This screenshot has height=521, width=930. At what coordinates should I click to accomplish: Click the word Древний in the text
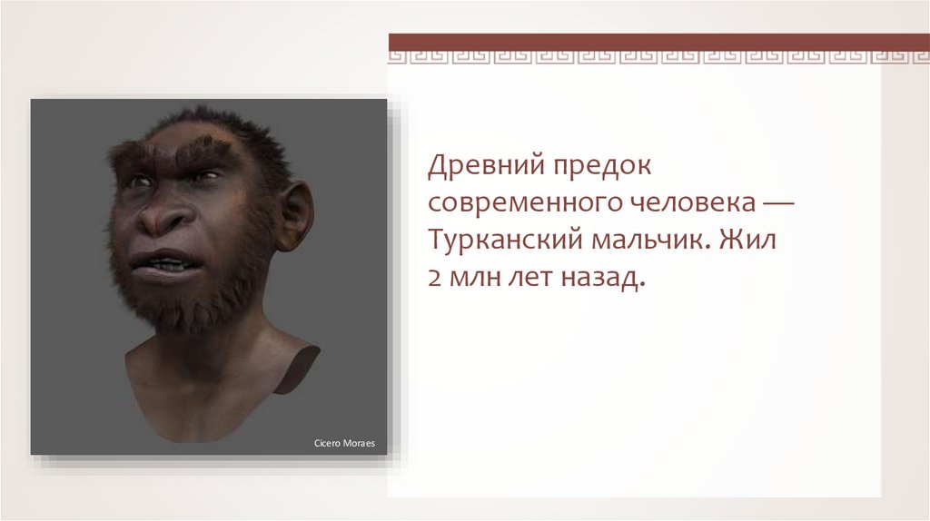point(486,166)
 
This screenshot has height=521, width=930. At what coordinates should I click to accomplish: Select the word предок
point(603,166)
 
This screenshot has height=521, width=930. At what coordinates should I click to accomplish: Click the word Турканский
point(505,241)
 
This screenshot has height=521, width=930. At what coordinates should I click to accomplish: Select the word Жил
point(748,240)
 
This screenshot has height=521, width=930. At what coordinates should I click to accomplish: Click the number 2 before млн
point(433,278)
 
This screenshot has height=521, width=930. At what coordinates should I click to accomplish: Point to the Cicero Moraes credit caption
point(344,443)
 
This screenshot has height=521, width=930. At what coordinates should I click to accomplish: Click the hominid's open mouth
point(159,262)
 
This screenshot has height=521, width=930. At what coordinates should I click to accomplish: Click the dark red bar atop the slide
point(659,42)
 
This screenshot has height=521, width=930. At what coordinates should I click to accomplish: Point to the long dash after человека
point(778,203)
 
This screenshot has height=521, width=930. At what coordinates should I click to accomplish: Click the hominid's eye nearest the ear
point(206,175)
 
